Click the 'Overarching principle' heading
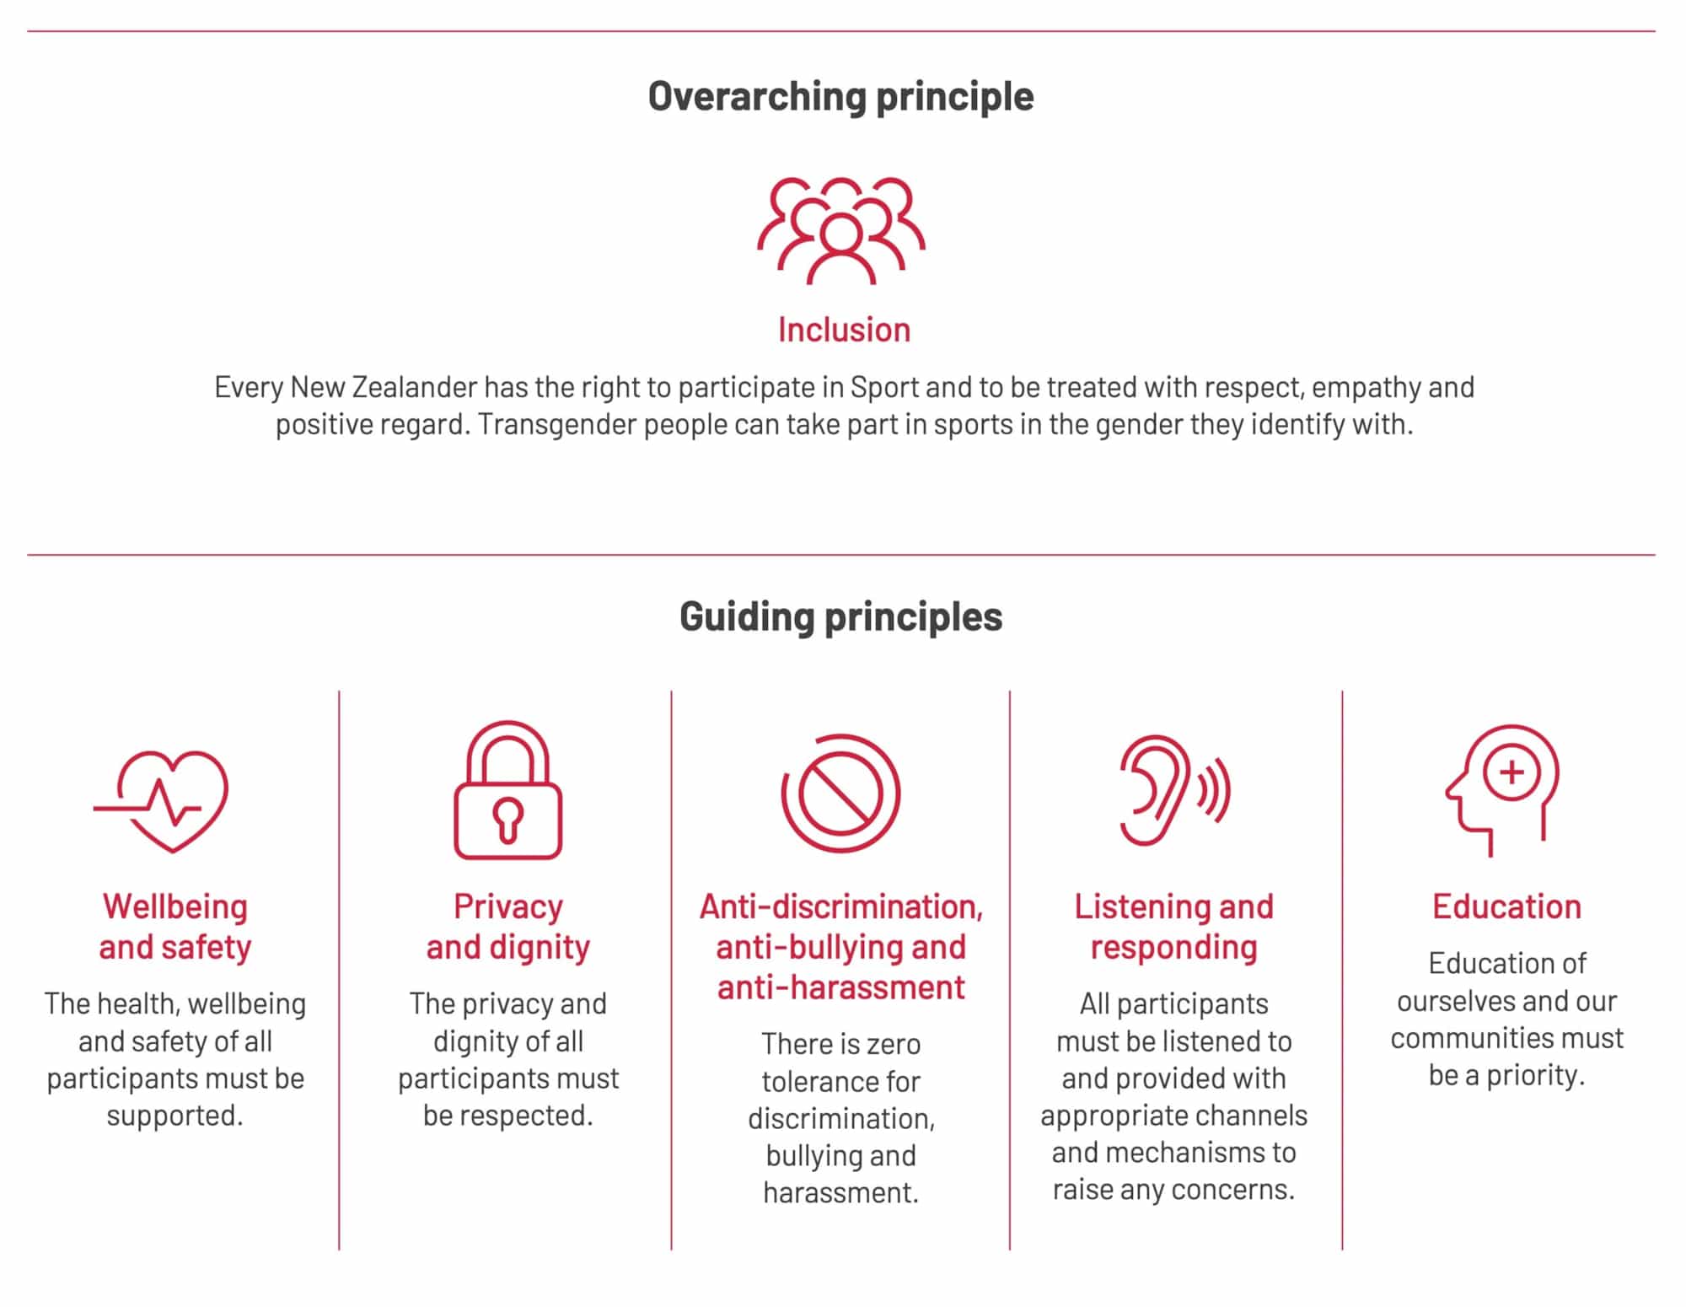tap(840, 97)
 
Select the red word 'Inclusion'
tap(844, 330)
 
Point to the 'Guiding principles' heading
tap(840, 616)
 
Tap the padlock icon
tap(507, 790)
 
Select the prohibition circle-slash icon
tap(840, 793)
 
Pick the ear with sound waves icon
tap(1173, 790)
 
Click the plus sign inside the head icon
tap(1511, 772)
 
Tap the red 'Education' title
tap(1506, 906)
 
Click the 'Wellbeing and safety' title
tap(175, 927)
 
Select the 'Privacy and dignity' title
tap(507, 927)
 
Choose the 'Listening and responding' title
tap(1173, 927)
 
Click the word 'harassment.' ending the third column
tap(840, 1192)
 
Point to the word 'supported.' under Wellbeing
tap(175, 1116)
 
